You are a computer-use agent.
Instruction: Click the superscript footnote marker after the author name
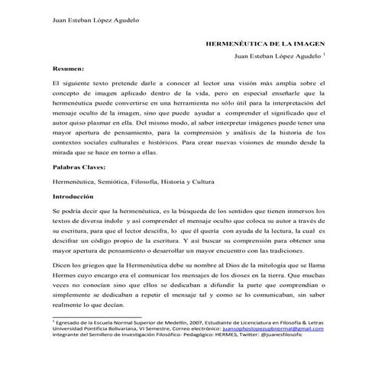point(325,56)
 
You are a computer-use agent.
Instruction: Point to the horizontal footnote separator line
point(97,317)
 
